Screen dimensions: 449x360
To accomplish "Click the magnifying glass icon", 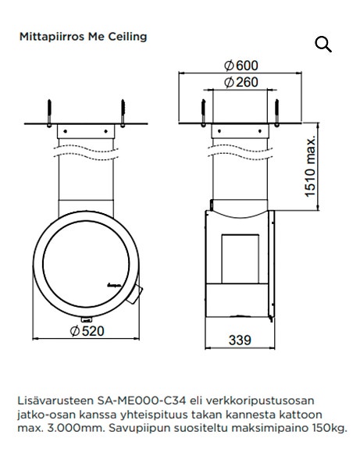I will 323,45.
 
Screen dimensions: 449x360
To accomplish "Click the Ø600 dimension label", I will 241,66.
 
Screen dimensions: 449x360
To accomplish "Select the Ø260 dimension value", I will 241,82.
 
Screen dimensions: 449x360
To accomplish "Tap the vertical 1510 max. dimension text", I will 312,166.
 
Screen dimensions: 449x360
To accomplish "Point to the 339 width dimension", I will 240,340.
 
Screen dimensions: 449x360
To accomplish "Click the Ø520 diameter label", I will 87,331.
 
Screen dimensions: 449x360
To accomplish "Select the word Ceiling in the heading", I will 127,37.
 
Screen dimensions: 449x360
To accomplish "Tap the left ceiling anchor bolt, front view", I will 48,111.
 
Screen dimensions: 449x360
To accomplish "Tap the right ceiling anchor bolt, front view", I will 123,111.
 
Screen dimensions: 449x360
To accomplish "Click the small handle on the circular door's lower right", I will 136,294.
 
